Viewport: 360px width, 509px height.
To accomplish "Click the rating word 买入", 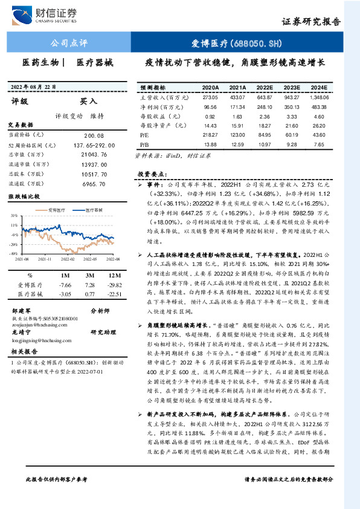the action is pyautogui.click(x=88, y=102).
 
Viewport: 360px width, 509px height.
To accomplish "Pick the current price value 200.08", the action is pyautogui.click(x=94, y=137).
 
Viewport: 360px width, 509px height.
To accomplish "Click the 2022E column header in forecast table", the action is pyautogui.click(x=265, y=87).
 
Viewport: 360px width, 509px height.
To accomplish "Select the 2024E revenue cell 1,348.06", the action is pyautogui.click(x=318, y=97).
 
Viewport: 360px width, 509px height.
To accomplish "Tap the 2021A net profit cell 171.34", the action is pyautogui.click(x=237, y=106).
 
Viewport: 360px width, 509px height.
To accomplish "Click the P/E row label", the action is pyautogui.click(x=146, y=135).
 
